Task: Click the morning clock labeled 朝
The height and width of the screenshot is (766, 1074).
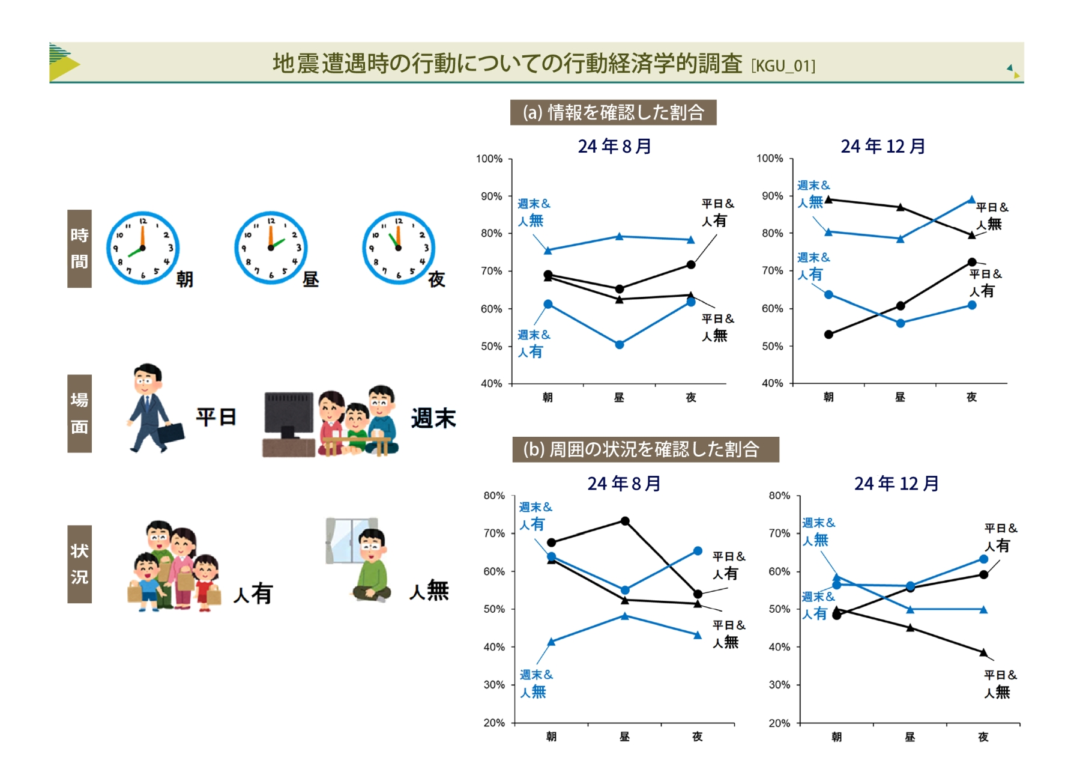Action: pos(143,248)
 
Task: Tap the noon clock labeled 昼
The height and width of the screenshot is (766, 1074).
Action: pos(271,248)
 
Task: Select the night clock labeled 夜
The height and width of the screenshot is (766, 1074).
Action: pos(399,248)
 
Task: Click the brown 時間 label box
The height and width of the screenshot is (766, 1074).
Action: pos(79,249)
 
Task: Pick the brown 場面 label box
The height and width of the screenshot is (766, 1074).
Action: pos(79,413)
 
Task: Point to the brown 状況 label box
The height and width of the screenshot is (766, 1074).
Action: pos(79,564)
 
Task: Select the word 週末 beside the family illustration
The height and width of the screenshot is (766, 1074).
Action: pos(433,418)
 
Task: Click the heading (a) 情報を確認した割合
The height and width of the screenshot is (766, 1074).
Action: pos(613,112)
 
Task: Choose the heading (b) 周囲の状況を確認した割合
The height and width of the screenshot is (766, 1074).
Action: pos(645,449)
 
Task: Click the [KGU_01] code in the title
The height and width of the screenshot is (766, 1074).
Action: pos(783,66)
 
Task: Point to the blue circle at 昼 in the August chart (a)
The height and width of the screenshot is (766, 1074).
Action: pos(620,345)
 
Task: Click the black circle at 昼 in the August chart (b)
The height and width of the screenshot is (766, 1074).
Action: pos(625,521)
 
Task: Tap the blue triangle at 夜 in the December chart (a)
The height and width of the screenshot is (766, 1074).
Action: pos(972,199)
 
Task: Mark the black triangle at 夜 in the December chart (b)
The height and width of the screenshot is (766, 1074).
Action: pos(983,652)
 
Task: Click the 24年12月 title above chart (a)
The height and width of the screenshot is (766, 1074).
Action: pos(883,146)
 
